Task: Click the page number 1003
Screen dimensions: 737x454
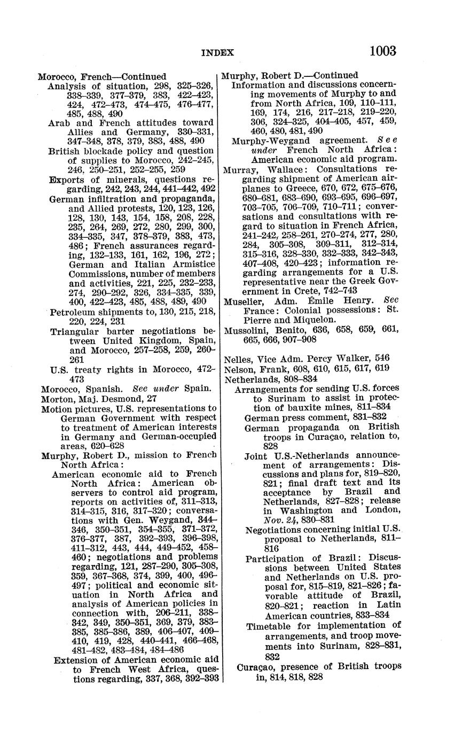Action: coord(382,51)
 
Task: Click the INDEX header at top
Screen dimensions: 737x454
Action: coord(217,52)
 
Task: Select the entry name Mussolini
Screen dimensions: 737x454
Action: coord(246,330)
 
